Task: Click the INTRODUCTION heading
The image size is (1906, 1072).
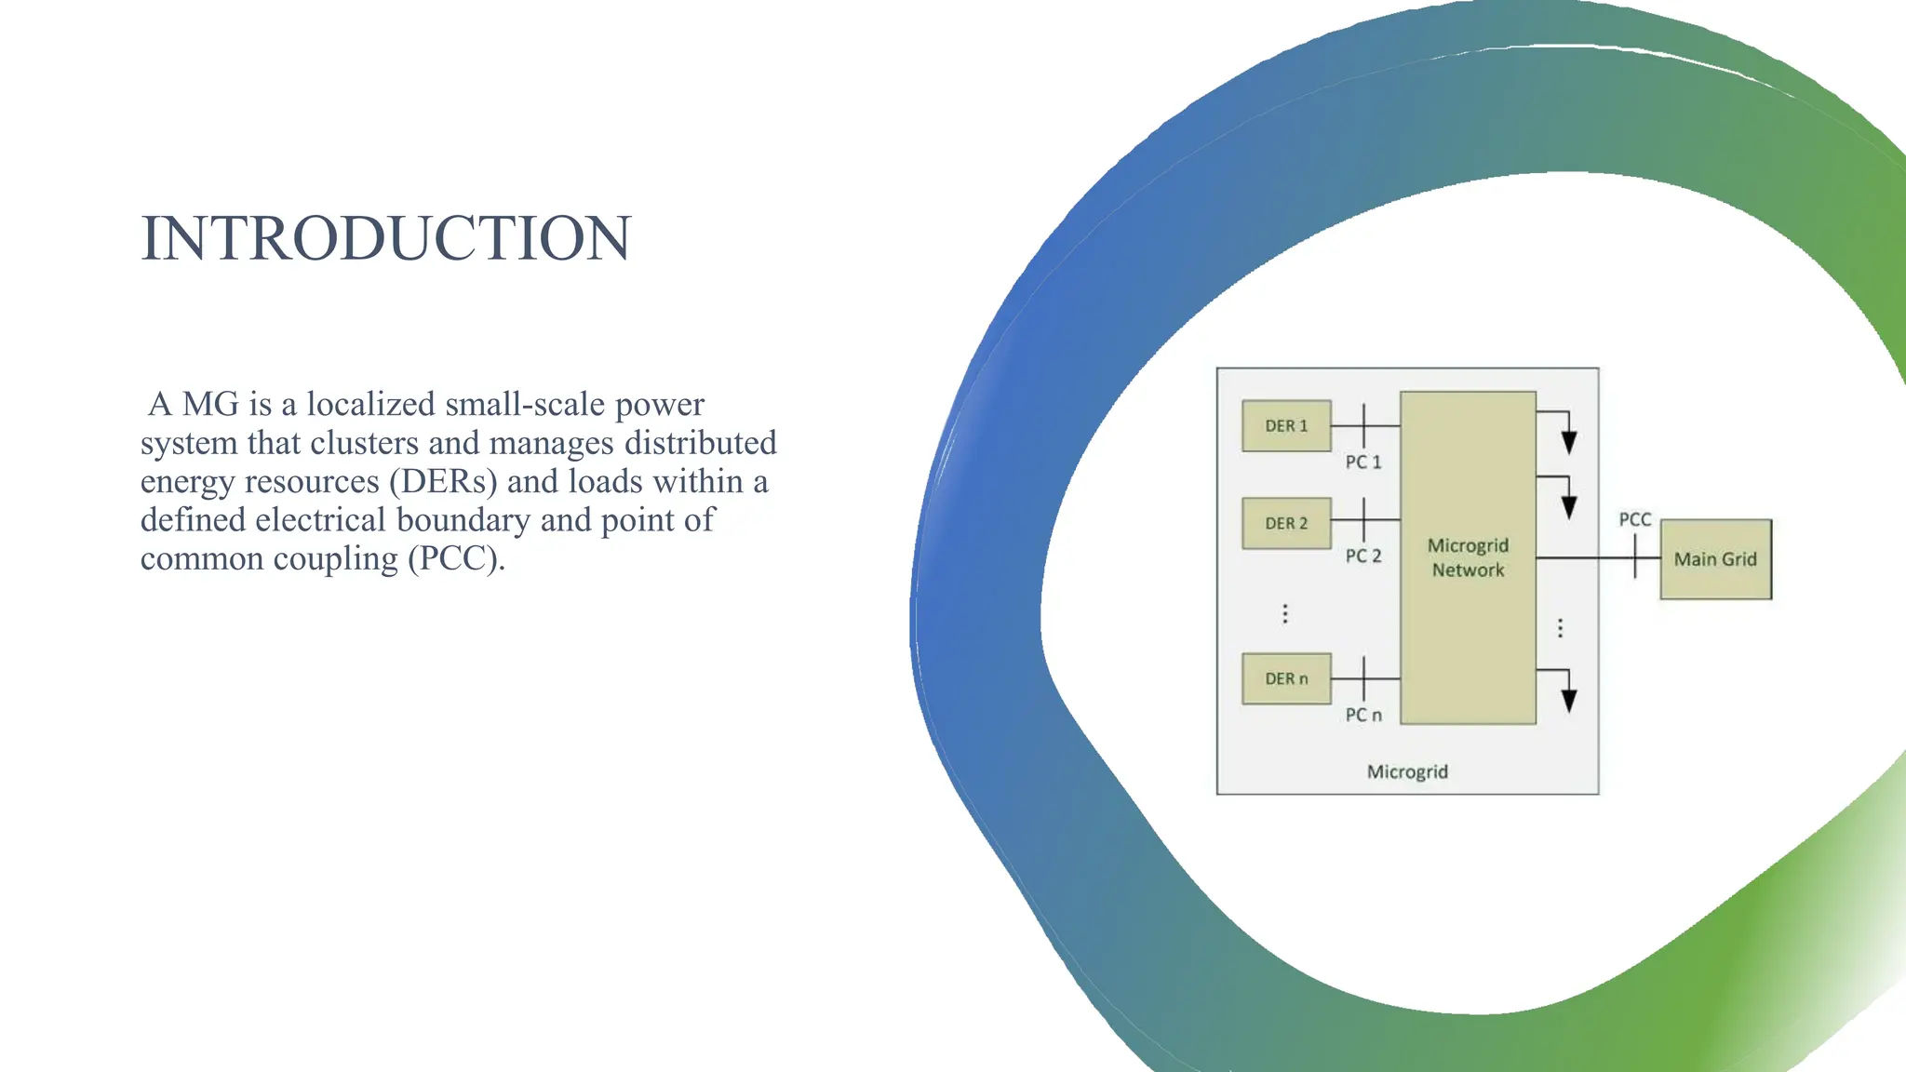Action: [x=386, y=238]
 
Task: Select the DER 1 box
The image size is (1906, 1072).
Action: [x=1286, y=426]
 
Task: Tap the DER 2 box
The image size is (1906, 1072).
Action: [x=1286, y=523]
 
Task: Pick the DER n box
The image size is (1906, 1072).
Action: [x=1286, y=678]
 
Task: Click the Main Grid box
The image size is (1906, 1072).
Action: [x=1715, y=559]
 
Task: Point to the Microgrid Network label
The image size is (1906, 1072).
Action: [x=1468, y=557]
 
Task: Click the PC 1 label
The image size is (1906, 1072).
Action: [x=1363, y=462]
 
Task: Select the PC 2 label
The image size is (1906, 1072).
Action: [x=1363, y=556]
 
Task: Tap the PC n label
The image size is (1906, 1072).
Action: [x=1363, y=715]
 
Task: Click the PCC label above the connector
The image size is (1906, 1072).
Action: [x=1634, y=519]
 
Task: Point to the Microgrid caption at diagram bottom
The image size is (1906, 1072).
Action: [x=1407, y=771]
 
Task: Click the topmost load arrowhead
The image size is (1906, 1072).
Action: [x=1569, y=442]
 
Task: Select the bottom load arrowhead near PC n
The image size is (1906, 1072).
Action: [x=1569, y=701]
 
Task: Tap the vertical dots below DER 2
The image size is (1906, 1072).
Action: [x=1285, y=613]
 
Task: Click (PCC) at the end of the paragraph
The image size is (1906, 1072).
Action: [x=456, y=559]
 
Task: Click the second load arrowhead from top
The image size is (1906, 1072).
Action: [x=1569, y=507]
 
